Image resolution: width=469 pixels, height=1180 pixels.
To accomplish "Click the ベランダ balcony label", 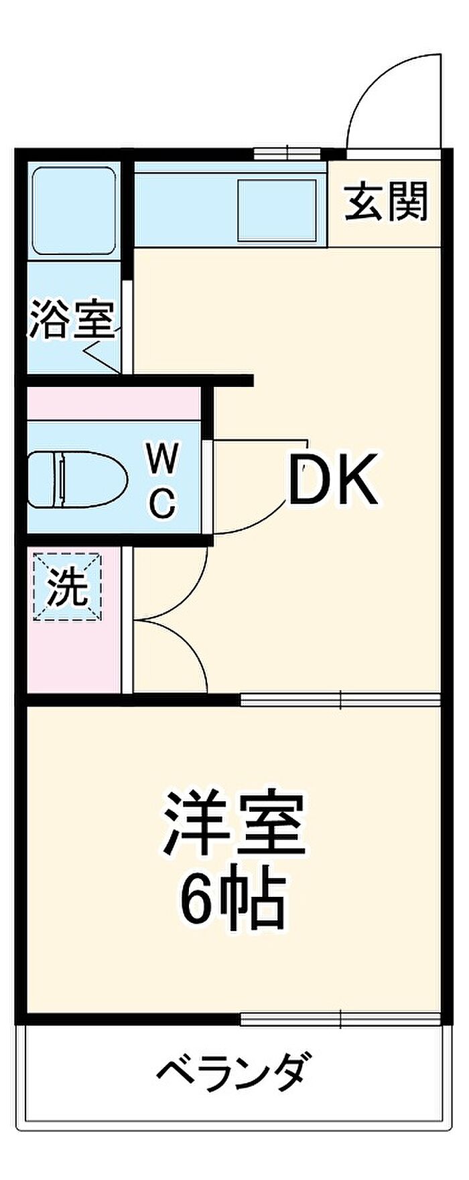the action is pos(234,1071).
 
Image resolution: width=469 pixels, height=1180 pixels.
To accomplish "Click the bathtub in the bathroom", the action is pos(74,209).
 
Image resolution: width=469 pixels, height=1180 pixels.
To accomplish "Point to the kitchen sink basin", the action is pos(277,209).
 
